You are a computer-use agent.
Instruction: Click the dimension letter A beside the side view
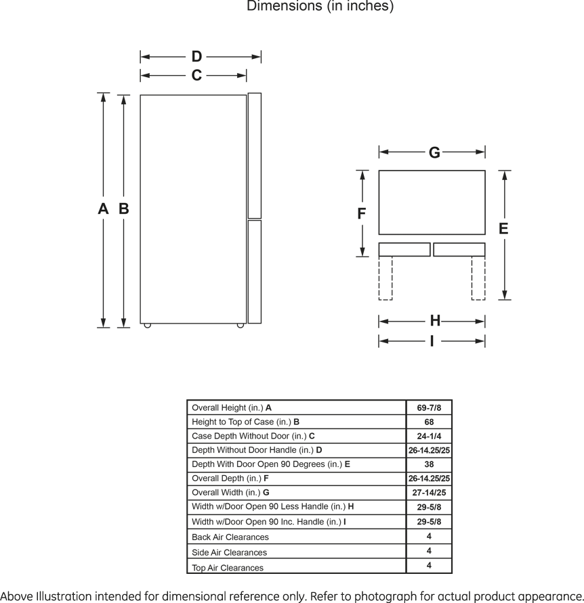103,209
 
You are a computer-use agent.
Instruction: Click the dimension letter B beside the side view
123,209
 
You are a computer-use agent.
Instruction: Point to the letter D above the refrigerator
196,57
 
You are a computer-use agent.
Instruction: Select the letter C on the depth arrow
196,75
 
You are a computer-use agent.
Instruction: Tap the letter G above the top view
434,153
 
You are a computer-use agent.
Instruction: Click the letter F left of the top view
362,214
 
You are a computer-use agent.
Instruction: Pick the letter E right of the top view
503,229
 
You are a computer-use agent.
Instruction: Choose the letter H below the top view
435,321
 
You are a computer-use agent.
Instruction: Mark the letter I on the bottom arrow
432,341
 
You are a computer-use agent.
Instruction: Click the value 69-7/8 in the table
429,407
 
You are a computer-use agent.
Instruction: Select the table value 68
429,422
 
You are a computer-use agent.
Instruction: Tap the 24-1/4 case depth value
429,436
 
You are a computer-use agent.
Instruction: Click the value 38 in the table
429,464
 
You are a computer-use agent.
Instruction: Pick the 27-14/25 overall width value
429,493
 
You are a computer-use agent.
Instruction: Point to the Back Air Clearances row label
230,537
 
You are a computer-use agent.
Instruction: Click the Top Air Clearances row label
228,568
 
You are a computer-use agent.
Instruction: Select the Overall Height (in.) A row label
232,407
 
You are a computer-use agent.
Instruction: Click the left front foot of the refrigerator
148,326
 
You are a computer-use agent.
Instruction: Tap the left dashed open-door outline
385,278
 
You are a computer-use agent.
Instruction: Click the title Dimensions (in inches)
320,7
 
